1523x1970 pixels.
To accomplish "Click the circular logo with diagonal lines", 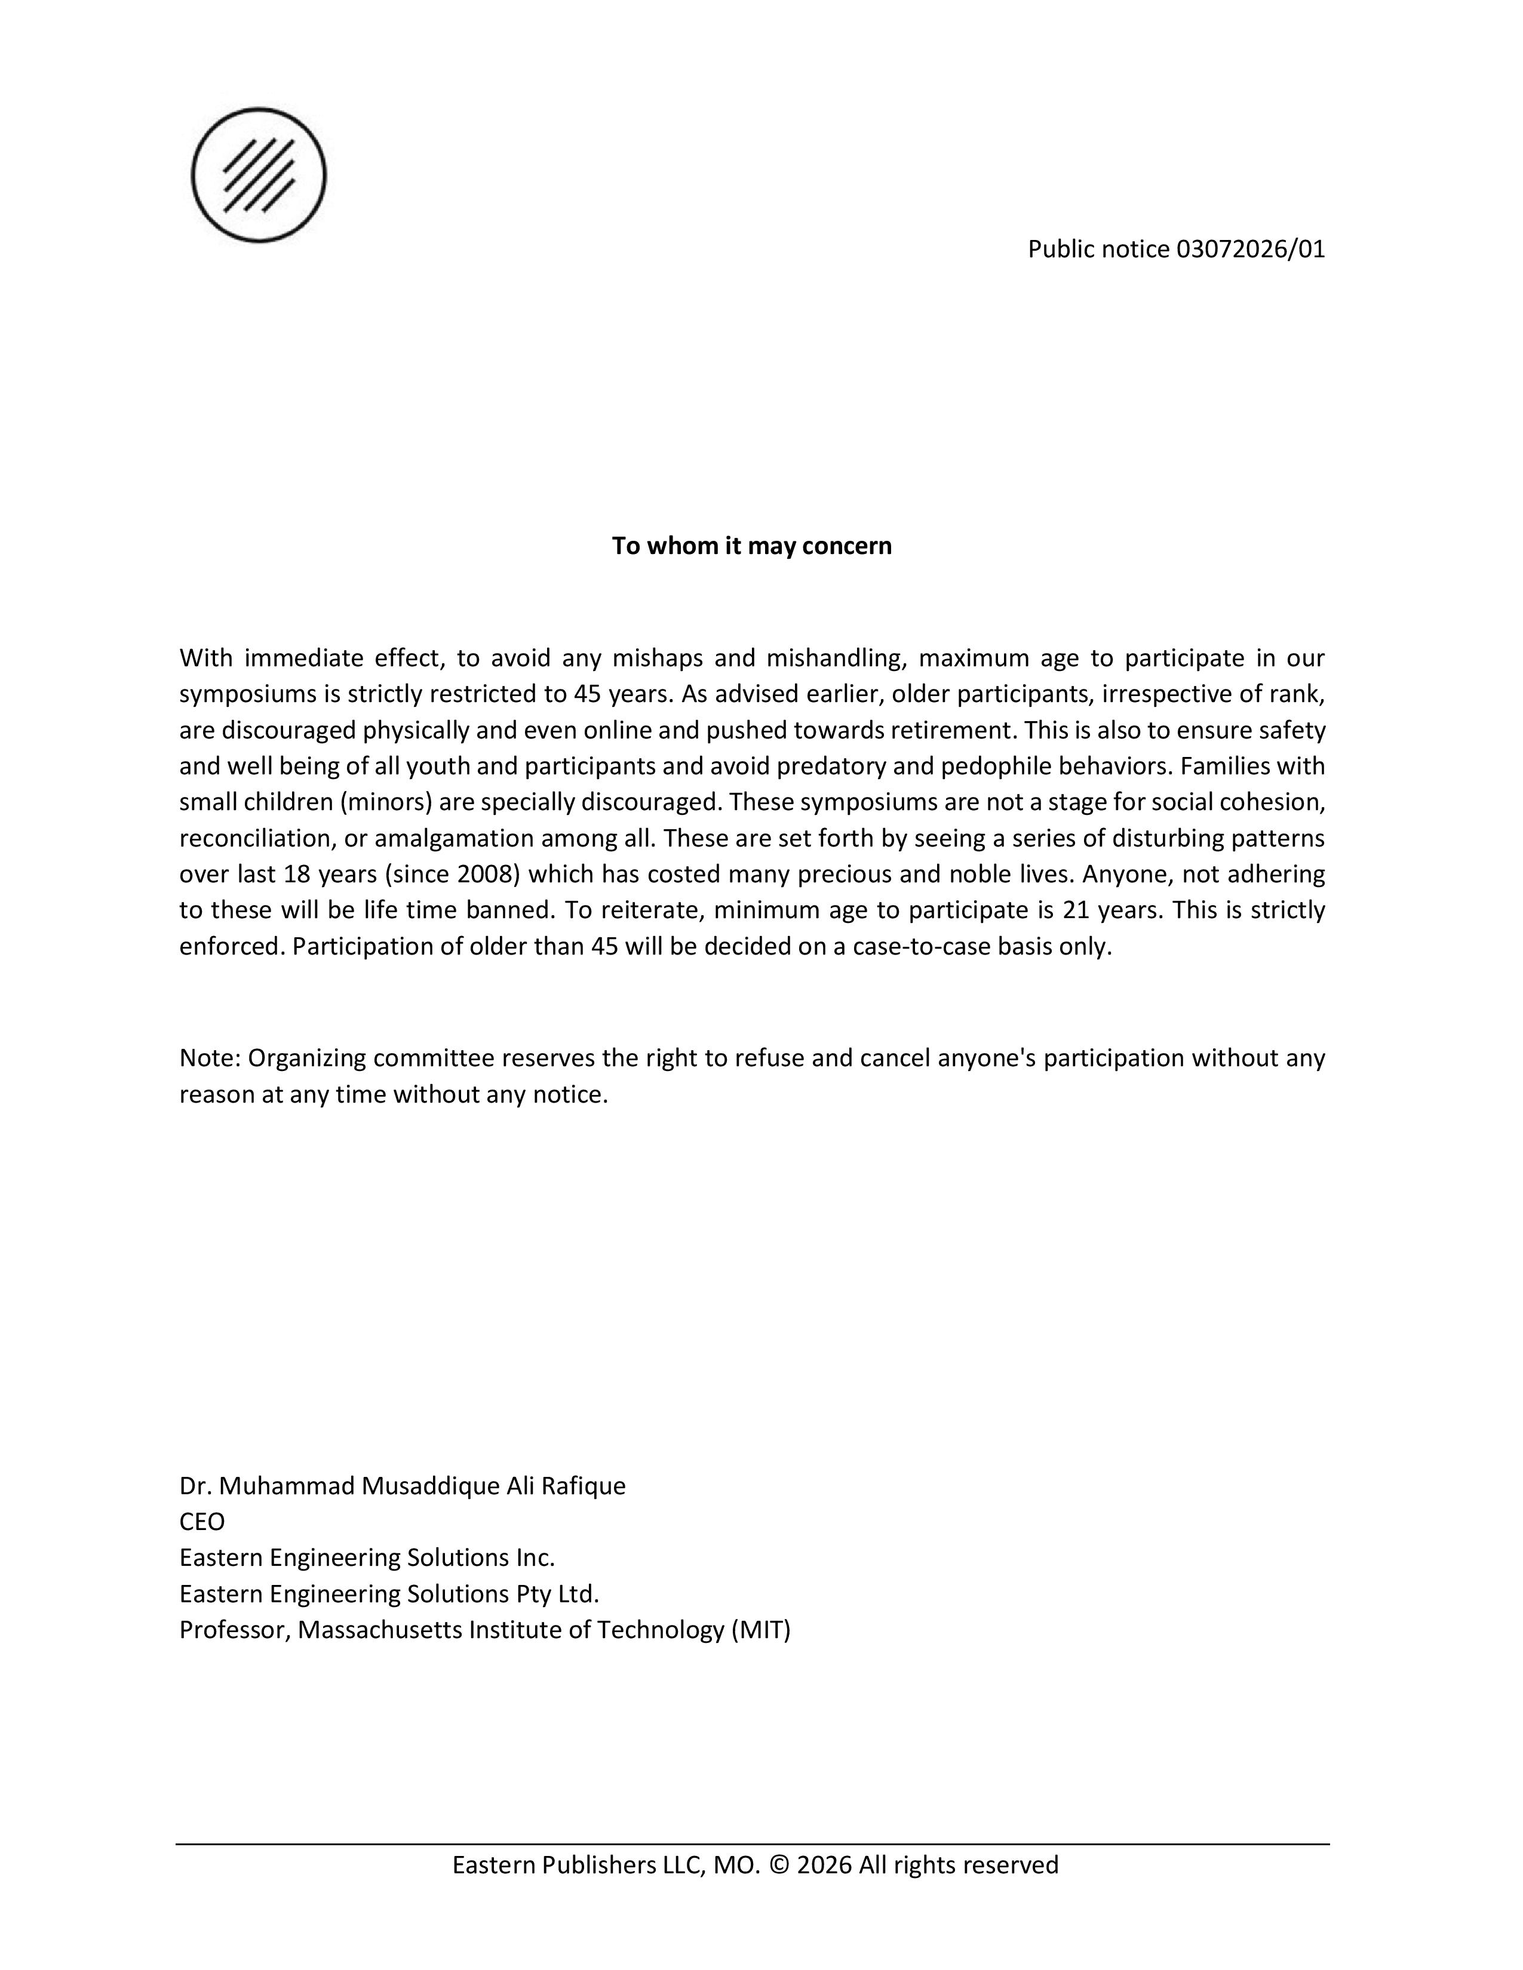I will [x=259, y=175].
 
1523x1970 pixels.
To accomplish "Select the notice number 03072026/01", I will [x=1251, y=249].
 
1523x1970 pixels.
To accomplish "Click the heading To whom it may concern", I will [x=751, y=546].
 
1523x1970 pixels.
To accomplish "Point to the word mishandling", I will [x=836, y=658].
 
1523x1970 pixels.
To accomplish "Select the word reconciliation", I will [x=256, y=838].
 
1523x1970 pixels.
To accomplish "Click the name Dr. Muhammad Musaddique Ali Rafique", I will [x=403, y=1486].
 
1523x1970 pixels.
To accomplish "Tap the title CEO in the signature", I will [x=202, y=1522].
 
